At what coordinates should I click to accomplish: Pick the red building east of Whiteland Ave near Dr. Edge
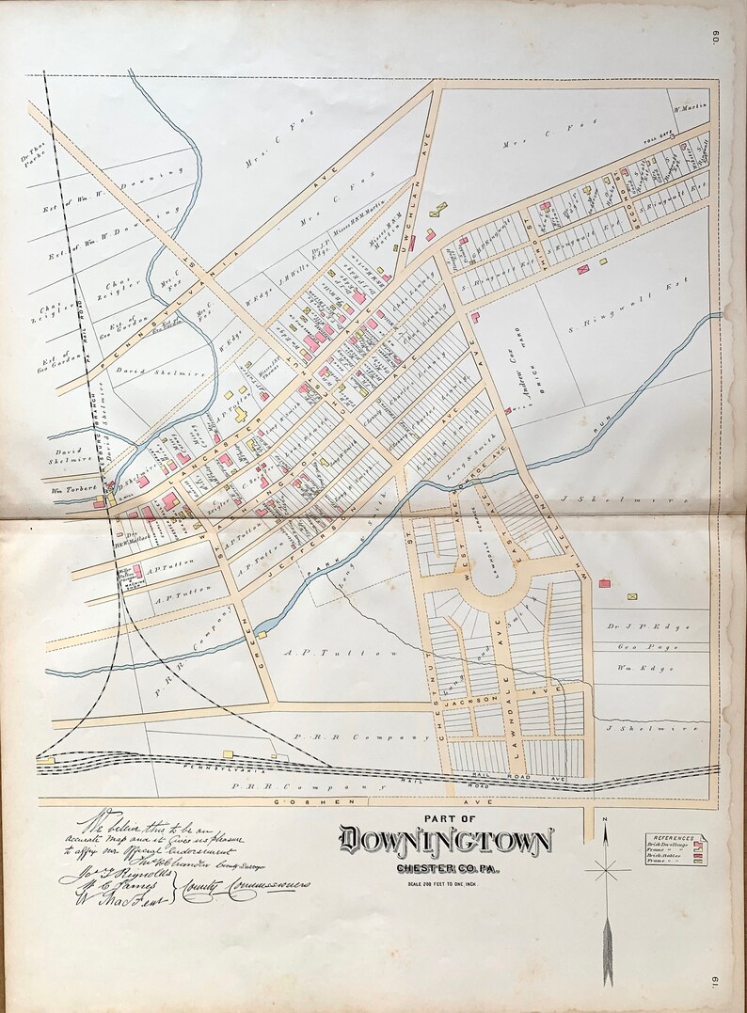(604, 584)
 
